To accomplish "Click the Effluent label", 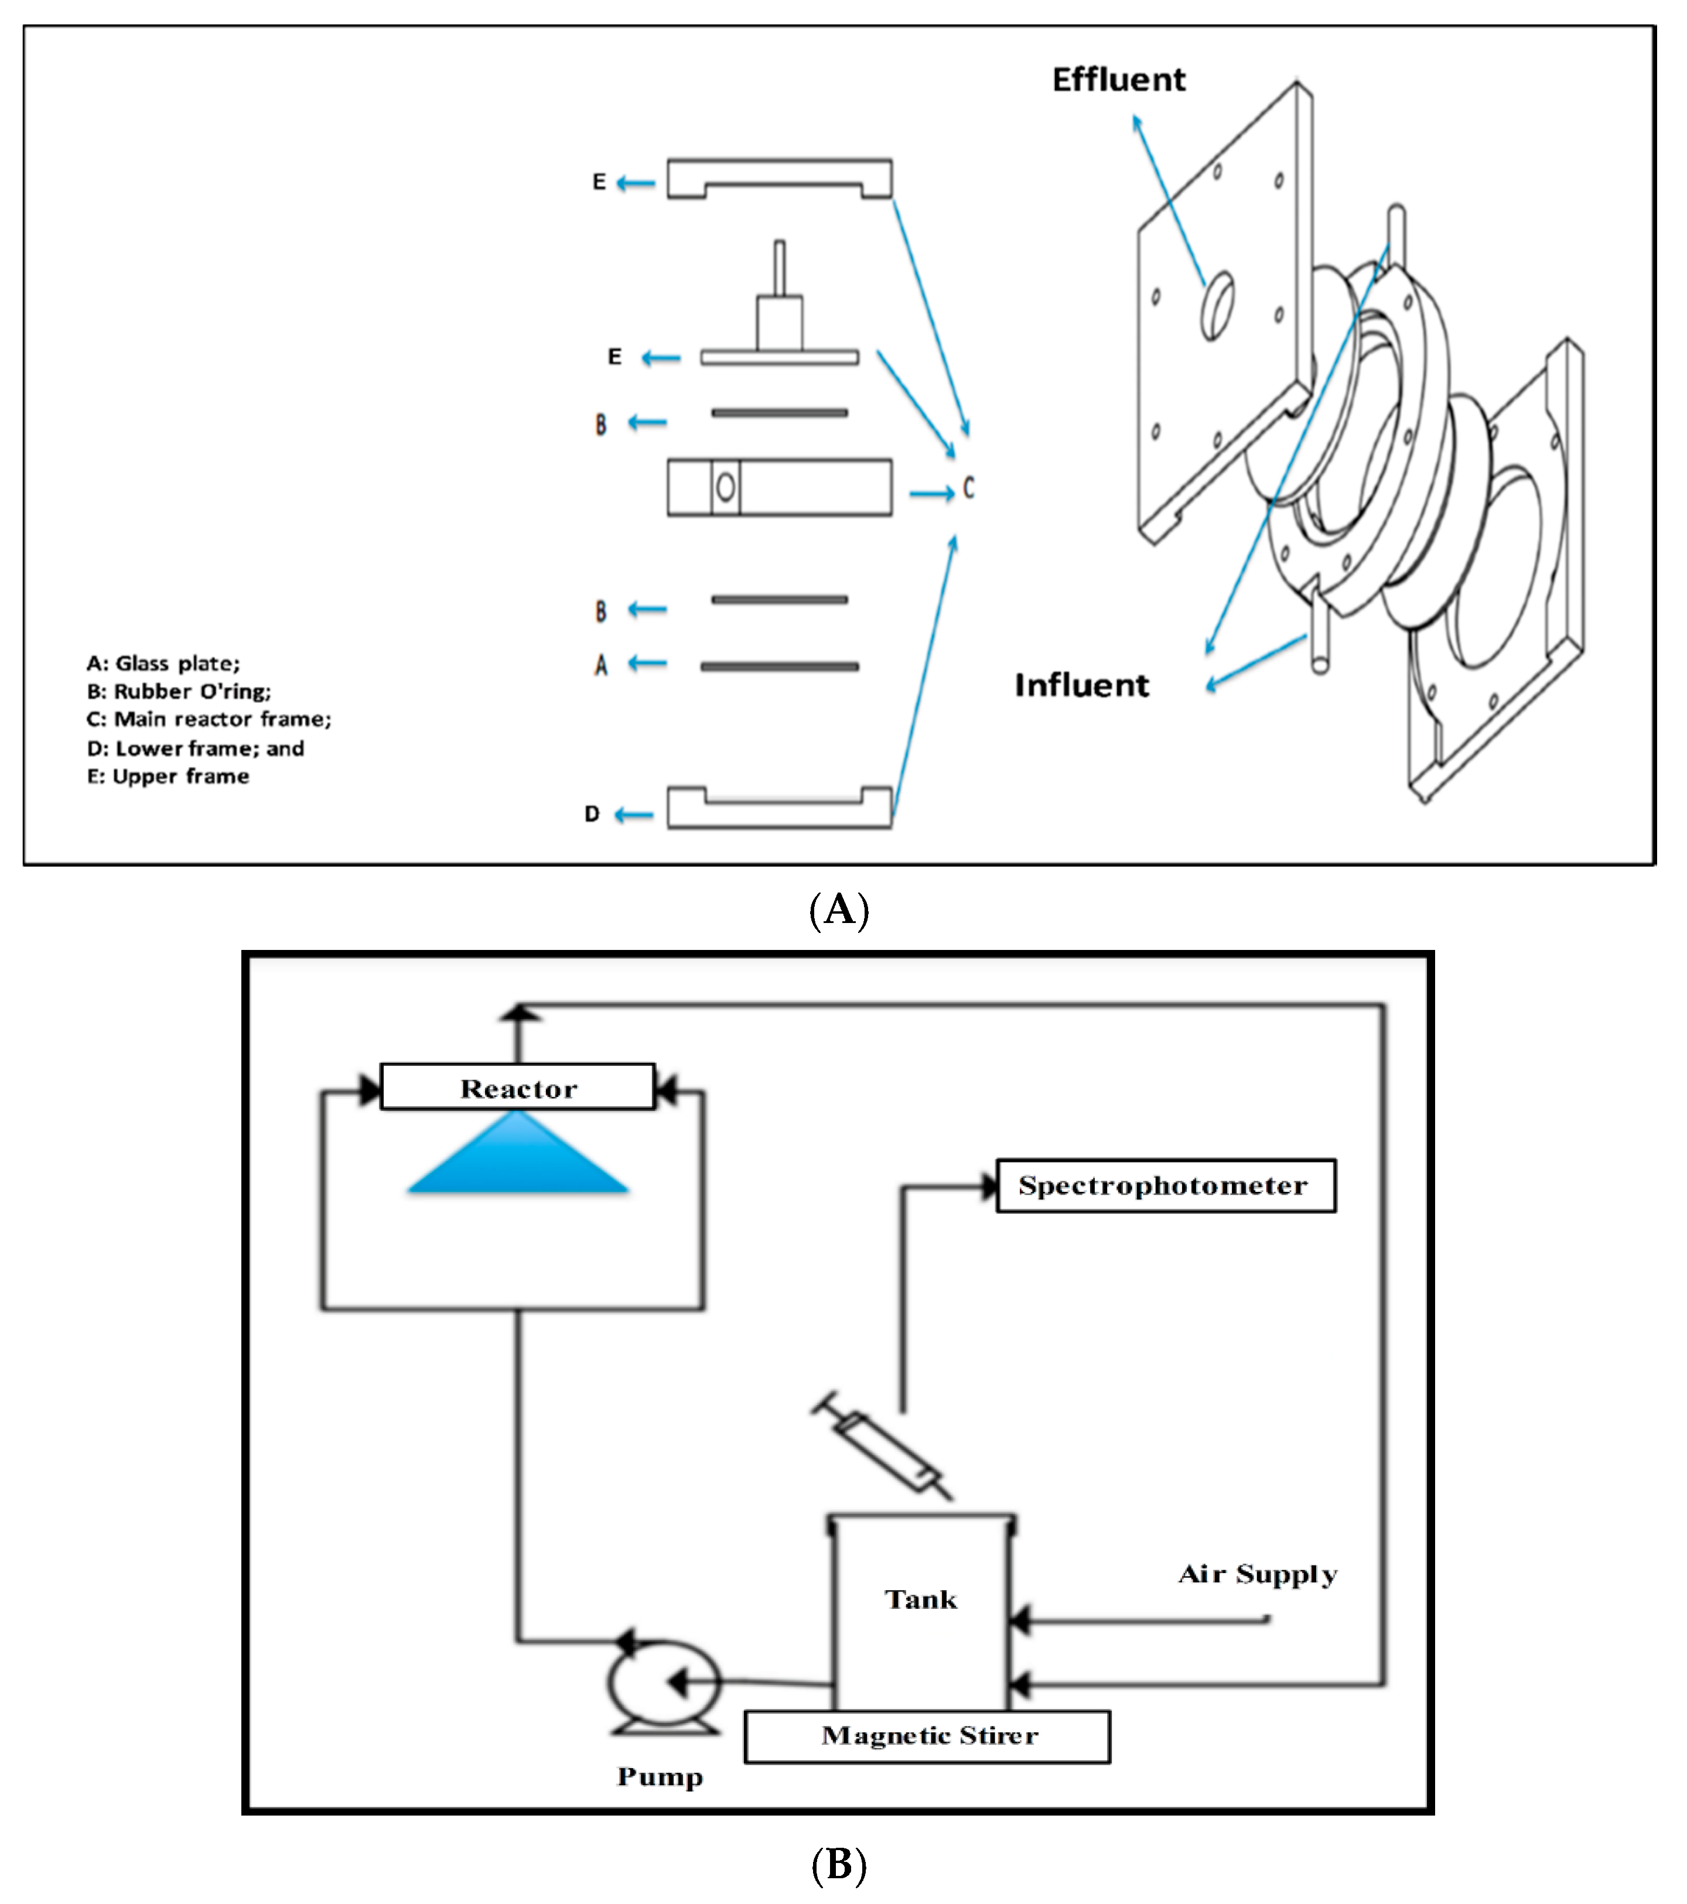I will click(x=1119, y=80).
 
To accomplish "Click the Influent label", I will click(x=1081, y=686).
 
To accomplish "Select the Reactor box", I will click(x=518, y=1087).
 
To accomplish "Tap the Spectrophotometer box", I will click(x=1165, y=1186).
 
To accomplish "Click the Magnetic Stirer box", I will click(x=928, y=1736).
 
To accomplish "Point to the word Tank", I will click(x=920, y=1599).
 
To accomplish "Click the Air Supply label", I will click(x=1258, y=1574).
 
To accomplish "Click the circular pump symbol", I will click(x=663, y=1682).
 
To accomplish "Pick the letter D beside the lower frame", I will click(x=592, y=814).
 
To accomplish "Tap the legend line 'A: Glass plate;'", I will click(x=163, y=663).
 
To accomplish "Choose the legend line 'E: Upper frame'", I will click(x=168, y=776).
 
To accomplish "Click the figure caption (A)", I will click(x=839, y=910).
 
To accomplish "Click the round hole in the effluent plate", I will click(x=1217, y=306).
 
